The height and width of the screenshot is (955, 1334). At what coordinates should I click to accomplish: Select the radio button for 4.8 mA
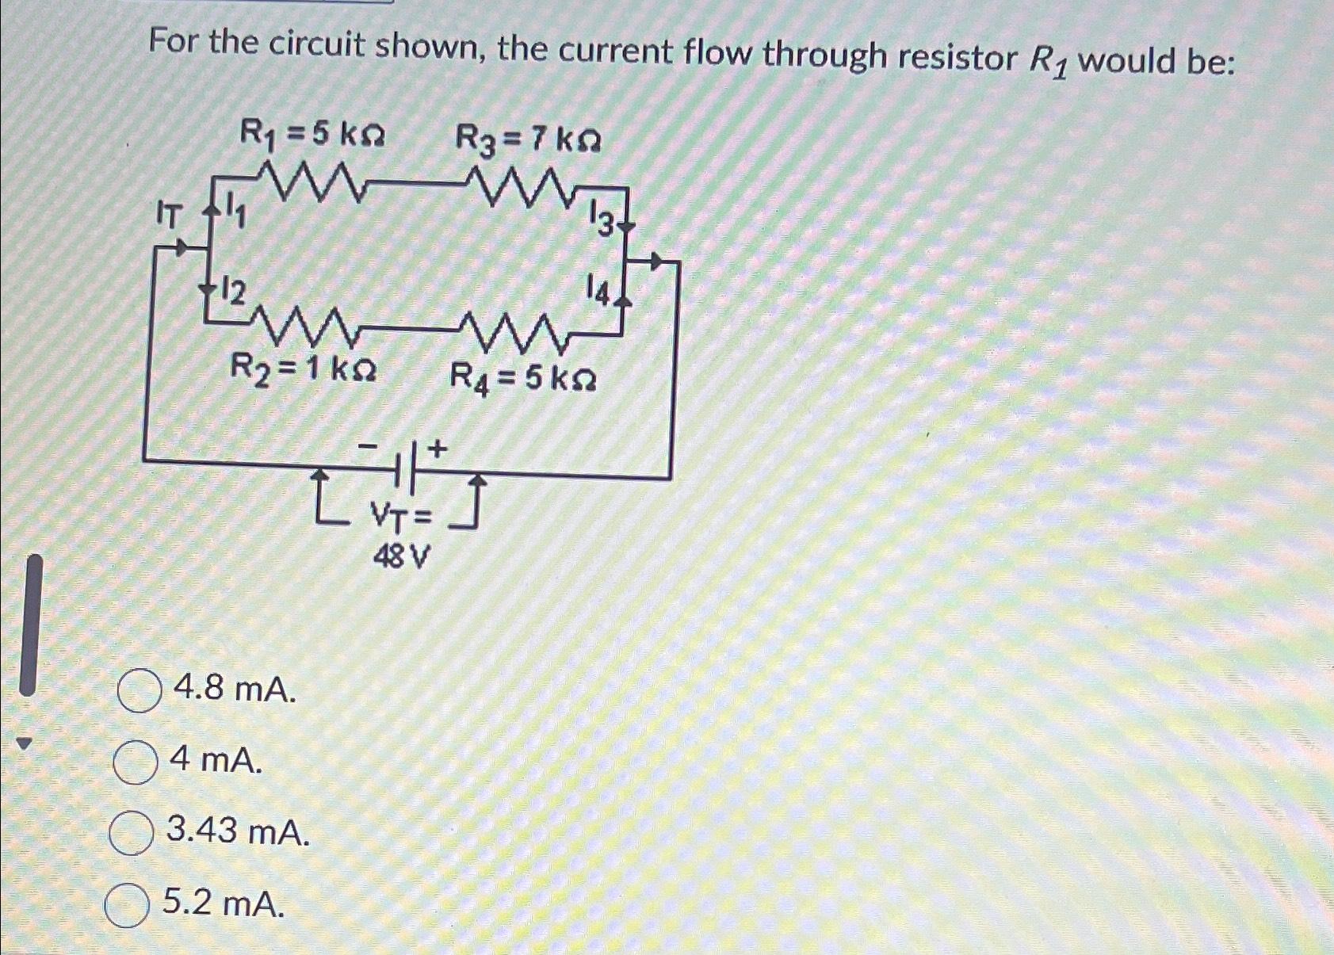click(140, 691)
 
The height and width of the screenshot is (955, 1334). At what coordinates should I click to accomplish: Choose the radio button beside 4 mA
click(135, 762)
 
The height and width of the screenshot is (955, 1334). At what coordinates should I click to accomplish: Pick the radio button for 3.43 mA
click(131, 833)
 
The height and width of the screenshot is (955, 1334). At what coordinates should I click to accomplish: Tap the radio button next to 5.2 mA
click(128, 905)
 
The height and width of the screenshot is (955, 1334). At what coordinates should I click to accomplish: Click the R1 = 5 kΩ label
click(312, 136)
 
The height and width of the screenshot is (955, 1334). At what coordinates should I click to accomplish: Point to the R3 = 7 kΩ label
click(528, 141)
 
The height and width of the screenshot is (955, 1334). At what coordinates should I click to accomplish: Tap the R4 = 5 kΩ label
click(523, 377)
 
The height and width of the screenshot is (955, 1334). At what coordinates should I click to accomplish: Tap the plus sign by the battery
click(437, 449)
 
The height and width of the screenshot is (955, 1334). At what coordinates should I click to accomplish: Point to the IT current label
click(169, 215)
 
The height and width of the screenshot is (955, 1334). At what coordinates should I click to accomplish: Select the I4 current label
click(598, 291)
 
